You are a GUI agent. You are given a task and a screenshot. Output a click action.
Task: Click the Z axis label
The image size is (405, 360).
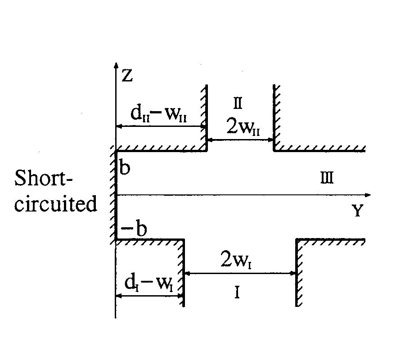(127, 76)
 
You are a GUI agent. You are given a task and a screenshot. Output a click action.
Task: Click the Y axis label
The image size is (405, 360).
(357, 211)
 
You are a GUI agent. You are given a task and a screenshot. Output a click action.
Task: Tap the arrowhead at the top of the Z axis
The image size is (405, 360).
(116, 67)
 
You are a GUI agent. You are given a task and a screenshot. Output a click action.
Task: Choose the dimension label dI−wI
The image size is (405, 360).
(149, 283)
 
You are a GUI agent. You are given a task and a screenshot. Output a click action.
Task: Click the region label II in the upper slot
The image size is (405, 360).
(238, 104)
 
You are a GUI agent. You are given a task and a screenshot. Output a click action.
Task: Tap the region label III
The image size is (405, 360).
(327, 179)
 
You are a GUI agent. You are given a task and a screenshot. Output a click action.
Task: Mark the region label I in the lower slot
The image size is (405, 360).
(236, 293)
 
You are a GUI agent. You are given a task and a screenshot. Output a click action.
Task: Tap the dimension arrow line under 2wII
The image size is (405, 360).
(240, 140)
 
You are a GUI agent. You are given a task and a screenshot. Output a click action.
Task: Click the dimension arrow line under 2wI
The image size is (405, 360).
(240, 273)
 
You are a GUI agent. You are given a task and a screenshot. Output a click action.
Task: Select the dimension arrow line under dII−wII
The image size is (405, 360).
(161, 126)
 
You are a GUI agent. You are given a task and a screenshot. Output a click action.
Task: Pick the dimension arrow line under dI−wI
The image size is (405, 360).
(150, 296)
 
